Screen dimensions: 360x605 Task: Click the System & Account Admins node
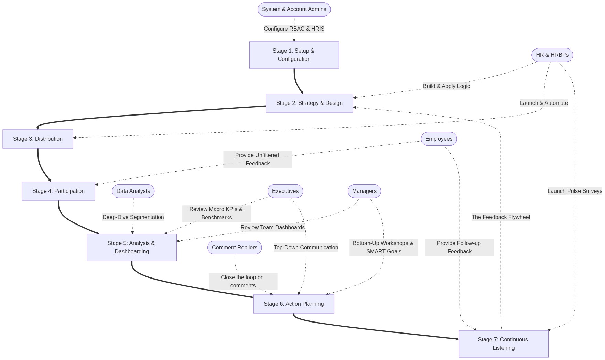294,9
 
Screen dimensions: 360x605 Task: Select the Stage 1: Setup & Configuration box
294,55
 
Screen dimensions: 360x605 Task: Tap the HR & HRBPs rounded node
552,55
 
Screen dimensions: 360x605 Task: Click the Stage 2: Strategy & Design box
309,103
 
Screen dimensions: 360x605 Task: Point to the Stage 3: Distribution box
38,139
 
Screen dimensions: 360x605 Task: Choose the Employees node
439,139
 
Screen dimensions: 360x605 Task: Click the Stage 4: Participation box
58,191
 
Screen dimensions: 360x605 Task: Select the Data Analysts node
133,191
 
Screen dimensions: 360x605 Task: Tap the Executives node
285,191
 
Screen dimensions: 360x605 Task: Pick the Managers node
364,191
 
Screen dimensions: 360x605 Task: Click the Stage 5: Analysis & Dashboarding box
132,248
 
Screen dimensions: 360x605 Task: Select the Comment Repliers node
235,248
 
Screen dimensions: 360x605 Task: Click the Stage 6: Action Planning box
294,304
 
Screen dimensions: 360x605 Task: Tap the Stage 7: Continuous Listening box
503,344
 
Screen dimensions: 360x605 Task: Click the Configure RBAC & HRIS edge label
294,29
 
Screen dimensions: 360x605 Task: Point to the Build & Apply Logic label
446,86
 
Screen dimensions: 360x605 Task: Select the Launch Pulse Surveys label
575,191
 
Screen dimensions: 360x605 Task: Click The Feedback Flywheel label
500,217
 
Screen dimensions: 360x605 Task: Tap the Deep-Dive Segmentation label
133,217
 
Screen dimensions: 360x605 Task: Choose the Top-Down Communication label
306,248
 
